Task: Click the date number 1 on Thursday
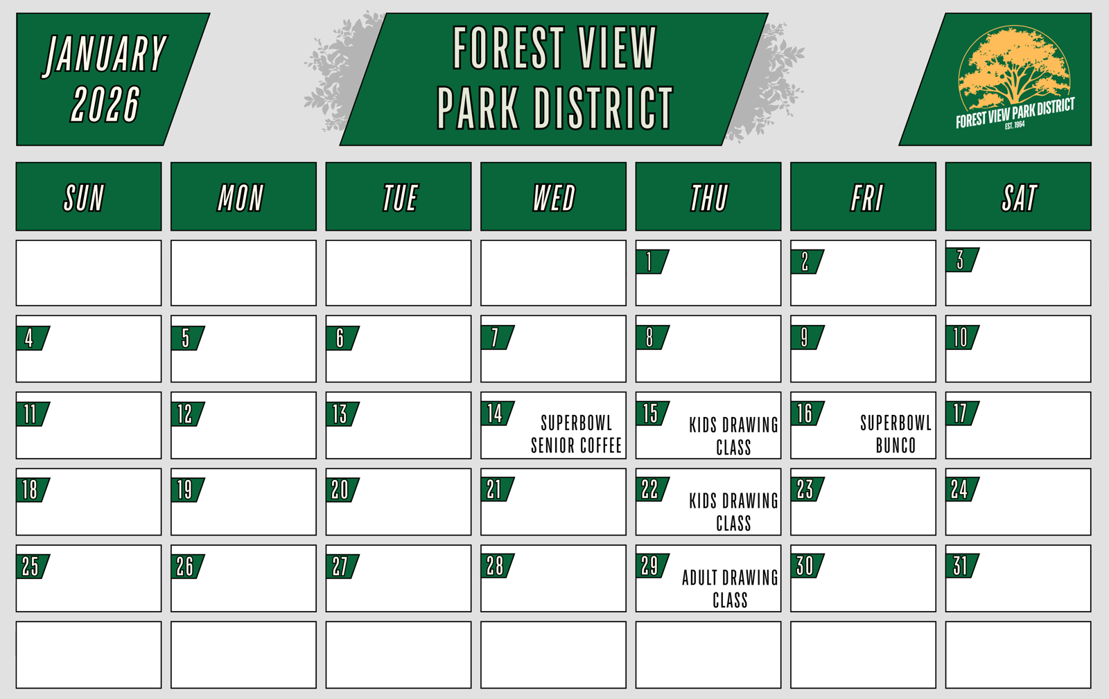point(649,262)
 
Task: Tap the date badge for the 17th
point(961,414)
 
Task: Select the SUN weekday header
point(84,197)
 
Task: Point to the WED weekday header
point(554,197)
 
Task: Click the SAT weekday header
point(1019,197)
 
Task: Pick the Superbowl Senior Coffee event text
point(576,434)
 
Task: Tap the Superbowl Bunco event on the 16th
point(896,434)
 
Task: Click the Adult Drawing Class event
point(731,589)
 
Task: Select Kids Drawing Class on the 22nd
point(734,512)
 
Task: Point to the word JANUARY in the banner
point(105,54)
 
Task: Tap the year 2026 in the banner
point(105,104)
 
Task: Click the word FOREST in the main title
point(509,48)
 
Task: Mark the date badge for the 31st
point(961,566)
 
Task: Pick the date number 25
point(30,567)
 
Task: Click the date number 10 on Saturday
point(960,338)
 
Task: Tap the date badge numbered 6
point(342,338)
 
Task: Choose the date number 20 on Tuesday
point(340,490)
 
